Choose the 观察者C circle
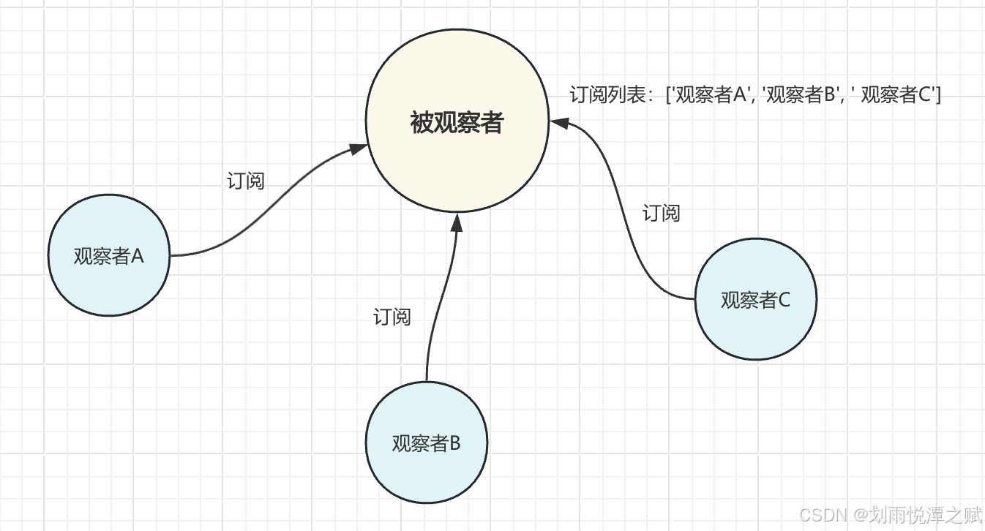(755, 329)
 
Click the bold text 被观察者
(457, 123)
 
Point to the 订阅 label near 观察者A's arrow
(246, 181)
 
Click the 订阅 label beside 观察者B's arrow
(392, 317)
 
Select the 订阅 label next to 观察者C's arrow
(662, 213)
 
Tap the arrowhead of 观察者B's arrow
(457, 220)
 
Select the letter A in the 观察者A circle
(138, 256)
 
